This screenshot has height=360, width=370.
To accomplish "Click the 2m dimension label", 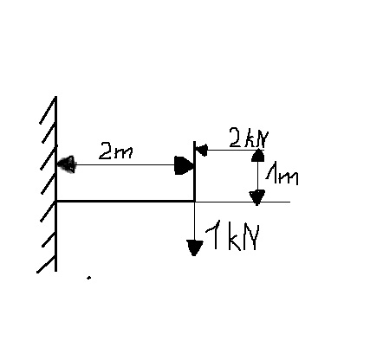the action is [116, 151].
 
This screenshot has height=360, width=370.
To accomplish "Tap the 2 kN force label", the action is [249, 138].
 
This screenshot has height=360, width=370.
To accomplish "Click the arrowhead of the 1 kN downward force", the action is [194, 247].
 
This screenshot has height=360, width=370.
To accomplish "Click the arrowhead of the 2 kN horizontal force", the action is [201, 150].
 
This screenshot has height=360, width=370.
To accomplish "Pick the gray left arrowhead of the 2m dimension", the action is [66, 164].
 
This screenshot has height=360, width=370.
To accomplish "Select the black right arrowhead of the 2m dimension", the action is [184, 165].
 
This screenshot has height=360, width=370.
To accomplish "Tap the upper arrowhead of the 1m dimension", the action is [258, 155].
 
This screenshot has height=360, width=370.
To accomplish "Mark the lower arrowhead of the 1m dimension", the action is [257, 197].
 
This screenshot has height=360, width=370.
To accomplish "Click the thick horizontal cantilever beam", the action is [125, 201].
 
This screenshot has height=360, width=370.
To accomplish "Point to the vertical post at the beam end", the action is [194, 171].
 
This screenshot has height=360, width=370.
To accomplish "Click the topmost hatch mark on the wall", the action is [48, 111].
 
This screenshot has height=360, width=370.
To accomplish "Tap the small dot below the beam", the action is [89, 278].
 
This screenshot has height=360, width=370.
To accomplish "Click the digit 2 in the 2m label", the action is [105, 151].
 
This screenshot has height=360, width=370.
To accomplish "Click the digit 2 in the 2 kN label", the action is [236, 138].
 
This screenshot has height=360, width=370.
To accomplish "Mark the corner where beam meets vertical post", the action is [194, 201].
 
